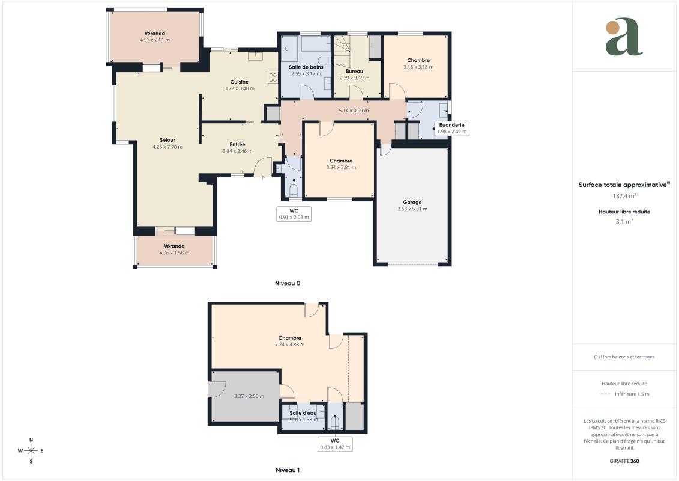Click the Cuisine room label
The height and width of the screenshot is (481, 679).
tap(240, 82)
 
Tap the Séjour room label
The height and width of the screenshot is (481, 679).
tap(167, 140)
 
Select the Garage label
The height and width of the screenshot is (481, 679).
tap(412, 202)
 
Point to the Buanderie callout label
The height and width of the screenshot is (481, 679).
tap(451, 128)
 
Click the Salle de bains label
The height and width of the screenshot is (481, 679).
tap(306, 67)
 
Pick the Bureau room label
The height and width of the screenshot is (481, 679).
tap(354, 71)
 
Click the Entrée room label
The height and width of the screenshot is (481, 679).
tap(237, 144)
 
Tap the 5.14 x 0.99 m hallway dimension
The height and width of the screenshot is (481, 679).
tap(354, 111)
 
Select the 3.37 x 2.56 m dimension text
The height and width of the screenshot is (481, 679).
tap(249, 396)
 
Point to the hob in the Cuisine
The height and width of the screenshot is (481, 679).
tap(273, 78)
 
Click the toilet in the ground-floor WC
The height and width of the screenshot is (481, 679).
tap(294, 190)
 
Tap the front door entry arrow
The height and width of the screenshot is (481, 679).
tap(263, 177)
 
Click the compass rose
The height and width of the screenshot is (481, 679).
tap(31, 451)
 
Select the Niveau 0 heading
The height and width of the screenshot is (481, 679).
tap(288, 283)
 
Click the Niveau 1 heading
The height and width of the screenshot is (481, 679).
tap(288, 470)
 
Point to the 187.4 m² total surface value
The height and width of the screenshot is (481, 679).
tap(624, 195)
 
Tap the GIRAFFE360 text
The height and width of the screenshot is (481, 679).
tap(624, 461)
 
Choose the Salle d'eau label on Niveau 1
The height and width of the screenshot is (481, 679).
tap(303, 413)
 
